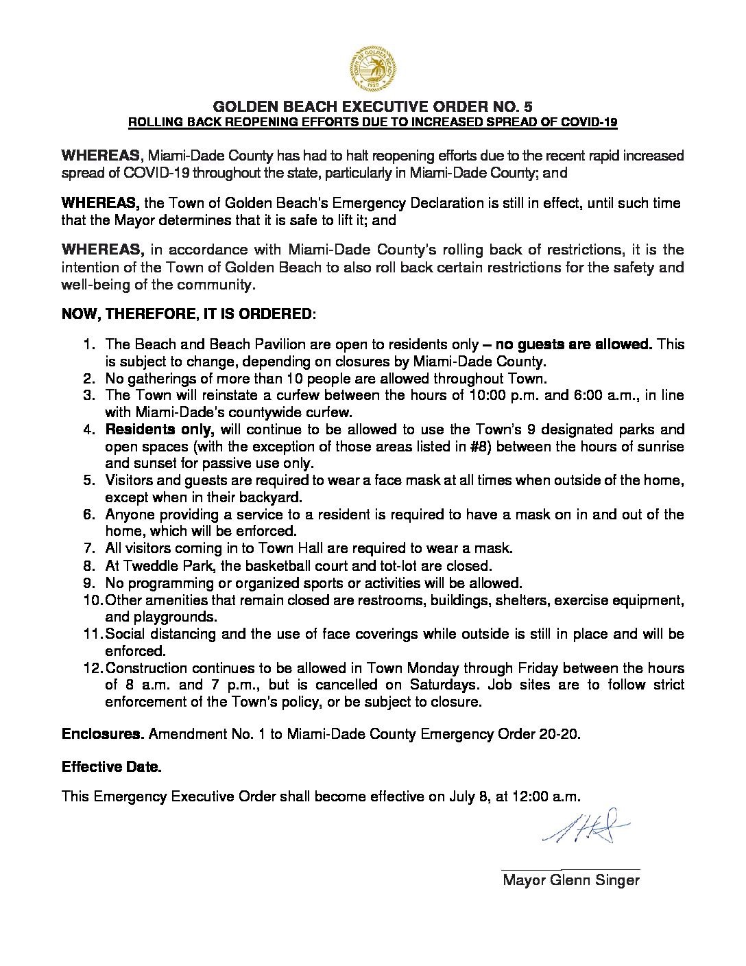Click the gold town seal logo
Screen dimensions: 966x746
click(x=373, y=69)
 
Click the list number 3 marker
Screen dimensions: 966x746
click(x=88, y=395)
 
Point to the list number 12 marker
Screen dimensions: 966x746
click(x=92, y=668)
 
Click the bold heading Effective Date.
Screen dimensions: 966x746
click(x=112, y=766)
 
